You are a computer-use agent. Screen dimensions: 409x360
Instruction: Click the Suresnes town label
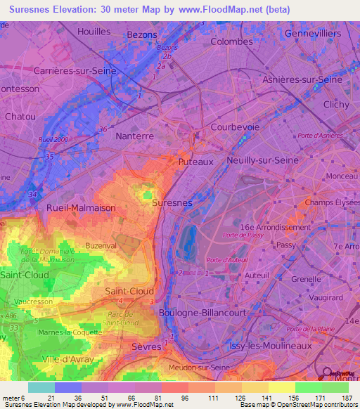(x=172, y=202)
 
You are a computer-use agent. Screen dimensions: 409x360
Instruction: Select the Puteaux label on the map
(x=196, y=162)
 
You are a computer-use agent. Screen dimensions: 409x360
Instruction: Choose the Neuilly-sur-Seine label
(x=263, y=160)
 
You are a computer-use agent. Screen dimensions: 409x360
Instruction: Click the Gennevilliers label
(x=314, y=34)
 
